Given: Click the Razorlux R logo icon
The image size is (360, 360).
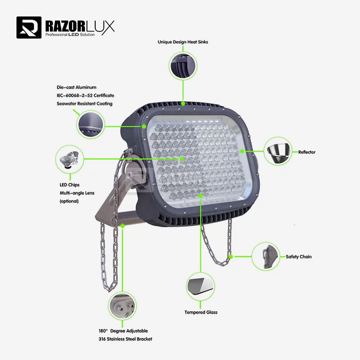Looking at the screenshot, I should click(29, 28).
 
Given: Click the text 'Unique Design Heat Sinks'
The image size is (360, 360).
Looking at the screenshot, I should click(183, 42).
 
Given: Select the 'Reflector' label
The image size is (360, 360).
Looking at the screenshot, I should click(307, 152).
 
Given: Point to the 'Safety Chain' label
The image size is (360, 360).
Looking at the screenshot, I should click(298, 257).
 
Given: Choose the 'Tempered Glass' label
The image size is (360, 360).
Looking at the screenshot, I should click(201, 312).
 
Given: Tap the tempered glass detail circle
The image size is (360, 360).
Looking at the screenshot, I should click(201, 286).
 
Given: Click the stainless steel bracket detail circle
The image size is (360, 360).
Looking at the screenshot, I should click(122, 307).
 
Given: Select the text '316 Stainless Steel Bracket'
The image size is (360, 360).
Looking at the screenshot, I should click(125, 339).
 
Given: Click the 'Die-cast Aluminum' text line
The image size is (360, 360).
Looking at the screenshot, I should click(77, 87).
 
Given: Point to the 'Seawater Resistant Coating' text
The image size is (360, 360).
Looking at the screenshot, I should click(85, 104).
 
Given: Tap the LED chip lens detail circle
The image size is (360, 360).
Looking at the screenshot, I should click(69, 159).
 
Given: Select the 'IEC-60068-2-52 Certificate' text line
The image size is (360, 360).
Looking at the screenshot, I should click(86, 96).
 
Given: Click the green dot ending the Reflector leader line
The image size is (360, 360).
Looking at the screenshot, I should click(242, 151).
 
